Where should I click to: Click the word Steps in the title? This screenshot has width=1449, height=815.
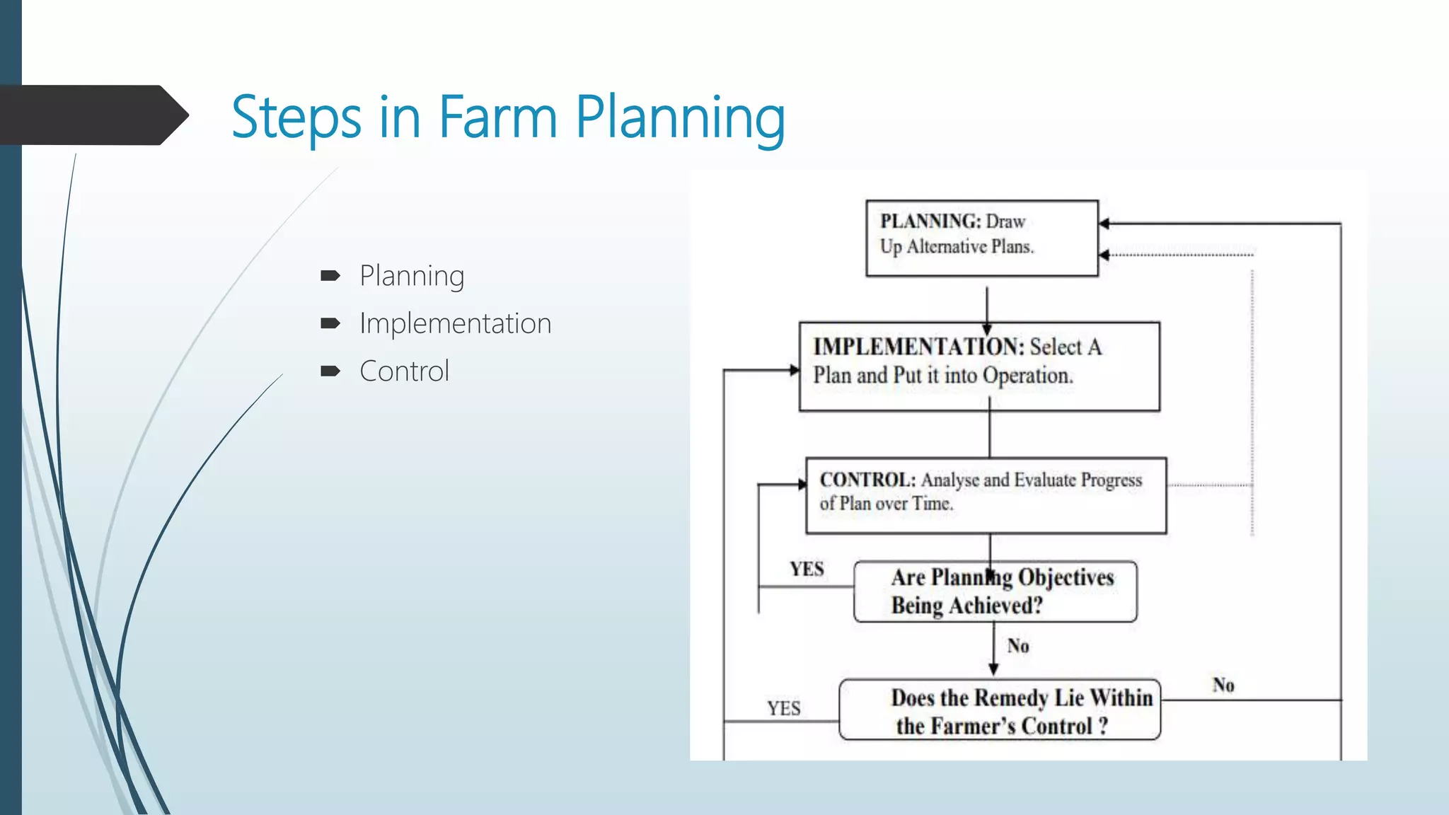[296, 117]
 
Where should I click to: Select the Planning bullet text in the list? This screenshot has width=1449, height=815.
[412, 276]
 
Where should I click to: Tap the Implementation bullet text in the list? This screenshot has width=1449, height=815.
[455, 323]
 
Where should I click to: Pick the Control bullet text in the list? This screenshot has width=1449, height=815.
[404, 371]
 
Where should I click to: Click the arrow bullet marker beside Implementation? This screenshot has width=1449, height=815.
[330, 323]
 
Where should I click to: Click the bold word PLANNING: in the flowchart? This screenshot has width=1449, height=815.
[930, 221]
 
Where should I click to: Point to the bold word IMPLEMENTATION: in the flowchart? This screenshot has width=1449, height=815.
[918, 347]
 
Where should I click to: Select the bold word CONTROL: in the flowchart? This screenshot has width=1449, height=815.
[867, 480]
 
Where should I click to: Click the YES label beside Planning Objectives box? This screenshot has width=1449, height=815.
[807, 570]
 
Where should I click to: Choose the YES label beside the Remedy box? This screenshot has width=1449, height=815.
[784, 708]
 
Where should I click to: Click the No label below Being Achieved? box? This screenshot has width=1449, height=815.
[1018, 646]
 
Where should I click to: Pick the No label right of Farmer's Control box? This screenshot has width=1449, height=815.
[1223, 685]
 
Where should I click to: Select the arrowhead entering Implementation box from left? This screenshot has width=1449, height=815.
[795, 369]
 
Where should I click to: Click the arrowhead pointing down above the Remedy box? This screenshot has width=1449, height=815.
[993, 669]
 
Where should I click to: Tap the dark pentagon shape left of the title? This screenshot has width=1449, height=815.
[92, 115]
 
